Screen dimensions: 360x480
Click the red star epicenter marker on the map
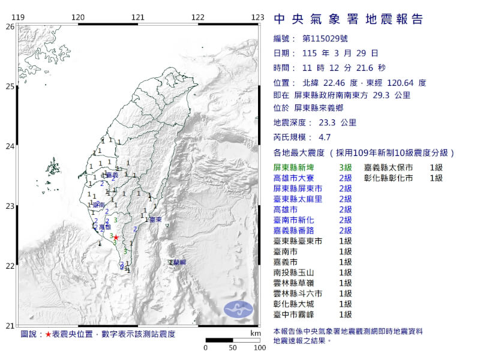pos(116,237)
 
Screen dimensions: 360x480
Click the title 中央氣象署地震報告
pos(349,19)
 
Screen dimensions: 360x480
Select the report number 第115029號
pos(322,39)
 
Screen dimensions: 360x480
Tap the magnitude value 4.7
pos(325,137)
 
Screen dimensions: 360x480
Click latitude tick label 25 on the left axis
pos(10,86)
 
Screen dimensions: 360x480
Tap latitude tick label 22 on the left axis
pos(10,266)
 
